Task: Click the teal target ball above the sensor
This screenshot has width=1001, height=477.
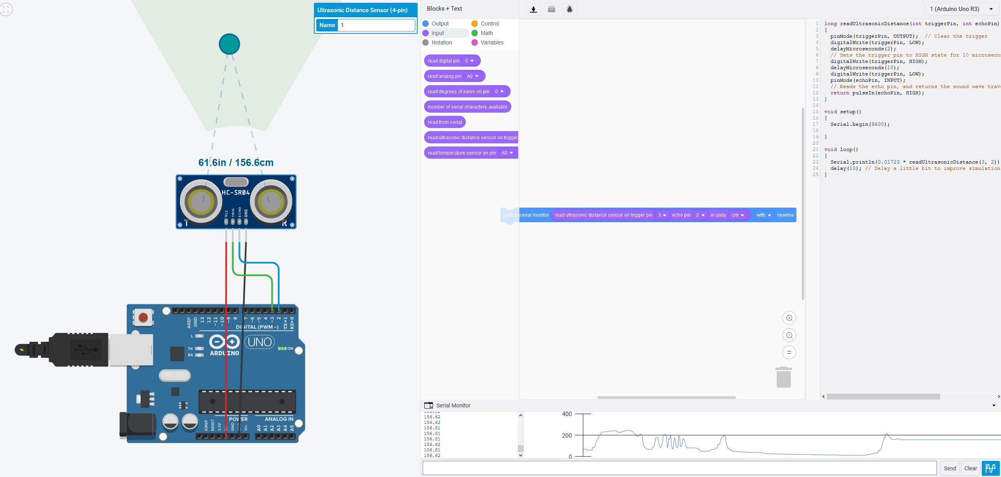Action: click(229, 44)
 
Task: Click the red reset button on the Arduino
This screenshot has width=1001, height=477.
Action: click(143, 317)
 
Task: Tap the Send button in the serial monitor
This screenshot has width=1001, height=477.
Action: click(950, 468)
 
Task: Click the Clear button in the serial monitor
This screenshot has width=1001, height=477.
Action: click(970, 468)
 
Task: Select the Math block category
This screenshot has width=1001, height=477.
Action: click(486, 33)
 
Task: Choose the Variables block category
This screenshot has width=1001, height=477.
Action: click(491, 42)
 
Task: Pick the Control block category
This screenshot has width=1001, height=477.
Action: click(489, 24)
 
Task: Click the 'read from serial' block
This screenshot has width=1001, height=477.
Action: click(444, 122)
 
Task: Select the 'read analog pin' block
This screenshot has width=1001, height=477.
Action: click(444, 76)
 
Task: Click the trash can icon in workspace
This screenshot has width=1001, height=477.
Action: click(783, 378)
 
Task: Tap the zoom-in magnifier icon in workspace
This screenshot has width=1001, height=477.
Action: click(789, 318)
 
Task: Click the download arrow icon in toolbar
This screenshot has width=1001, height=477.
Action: click(533, 9)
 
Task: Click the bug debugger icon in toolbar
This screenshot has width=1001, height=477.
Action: click(569, 9)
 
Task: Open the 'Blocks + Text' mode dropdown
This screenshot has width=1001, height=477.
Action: click(444, 9)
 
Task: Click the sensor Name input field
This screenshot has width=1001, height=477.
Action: click(376, 25)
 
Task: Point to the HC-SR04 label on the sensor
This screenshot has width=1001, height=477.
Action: click(236, 192)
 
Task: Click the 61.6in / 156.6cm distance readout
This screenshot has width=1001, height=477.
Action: click(236, 162)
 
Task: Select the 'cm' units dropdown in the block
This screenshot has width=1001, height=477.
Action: click(737, 215)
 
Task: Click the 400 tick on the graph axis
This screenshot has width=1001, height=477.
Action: click(567, 414)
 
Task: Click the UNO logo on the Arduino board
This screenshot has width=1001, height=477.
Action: click(260, 342)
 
